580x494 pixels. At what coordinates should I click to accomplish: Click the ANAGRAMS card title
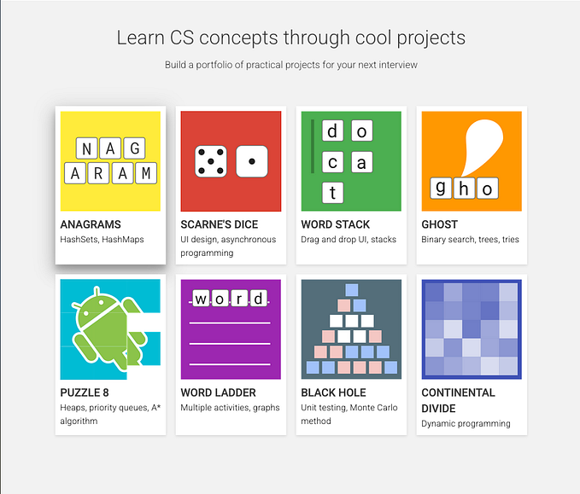tap(91, 224)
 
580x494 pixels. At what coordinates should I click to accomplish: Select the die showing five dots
tap(210, 161)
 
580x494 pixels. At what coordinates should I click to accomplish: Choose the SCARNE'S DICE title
tap(219, 224)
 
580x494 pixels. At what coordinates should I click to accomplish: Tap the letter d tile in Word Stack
tap(332, 131)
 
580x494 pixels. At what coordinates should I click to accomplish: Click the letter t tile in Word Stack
tap(332, 192)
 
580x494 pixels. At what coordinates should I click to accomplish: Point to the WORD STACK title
tap(335, 224)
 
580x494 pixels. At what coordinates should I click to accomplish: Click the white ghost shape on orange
tap(478, 145)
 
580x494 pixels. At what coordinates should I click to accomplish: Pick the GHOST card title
tap(439, 224)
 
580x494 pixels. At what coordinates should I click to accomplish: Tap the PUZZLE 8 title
tap(85, 392)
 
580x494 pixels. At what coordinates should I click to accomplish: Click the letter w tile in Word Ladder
tap(201, 299)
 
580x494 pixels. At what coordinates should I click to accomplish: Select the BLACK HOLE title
tap(333, 392)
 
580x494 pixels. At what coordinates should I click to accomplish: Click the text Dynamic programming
tap(466, 423)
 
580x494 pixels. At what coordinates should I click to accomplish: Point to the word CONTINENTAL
tap(458, 392)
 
